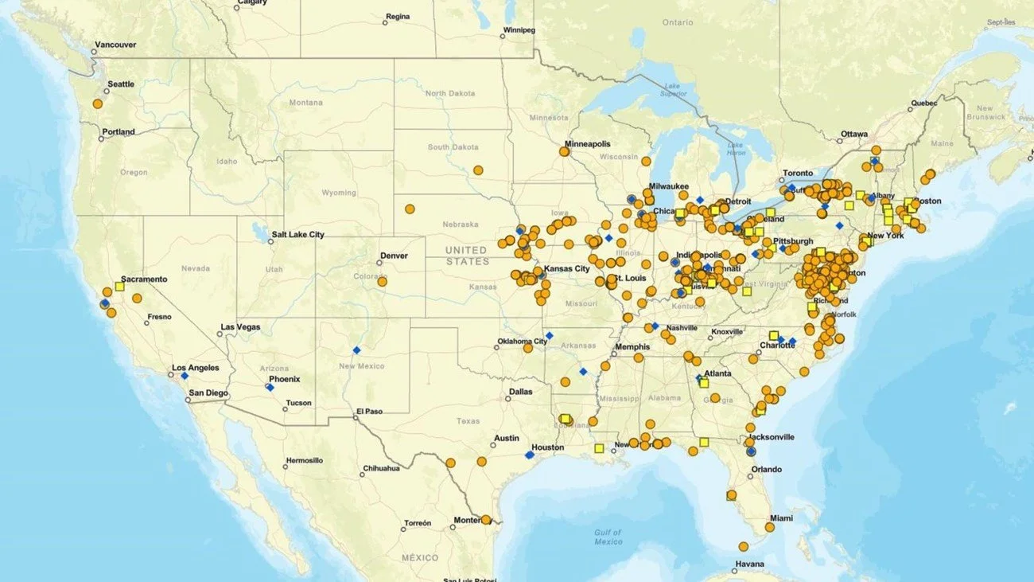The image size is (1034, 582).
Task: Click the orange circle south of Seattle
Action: pyautogui.click(x=98, y=104)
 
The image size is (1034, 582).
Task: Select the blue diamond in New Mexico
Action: pyautogui.click(x=356, y=350)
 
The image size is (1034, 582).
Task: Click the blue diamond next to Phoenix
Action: pyautogui.click(x=269, y=387)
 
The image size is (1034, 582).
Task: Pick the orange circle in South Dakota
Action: pyautogui.click(x=478, y=170)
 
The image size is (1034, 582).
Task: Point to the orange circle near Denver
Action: pyautogui.click(x=382, y=281)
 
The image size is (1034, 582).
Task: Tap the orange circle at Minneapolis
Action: pyautogui.click(x=564, y=151)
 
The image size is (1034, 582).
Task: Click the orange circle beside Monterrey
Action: pyautogui.click(x=485, y=520)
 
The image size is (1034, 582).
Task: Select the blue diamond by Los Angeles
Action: pyautogui.click(x=185, y=376)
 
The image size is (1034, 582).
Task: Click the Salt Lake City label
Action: pyautogui.click(x=297, y=235)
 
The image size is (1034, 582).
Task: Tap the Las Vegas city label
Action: pyautogui.click(x=240, y=327)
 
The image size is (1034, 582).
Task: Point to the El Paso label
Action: pyautogui.click(x=368, y=412)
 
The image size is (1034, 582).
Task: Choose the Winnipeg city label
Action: pyautogui.click(x=519, y=31)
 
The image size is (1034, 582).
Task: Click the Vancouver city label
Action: pyautogui.click(x=115, y=45)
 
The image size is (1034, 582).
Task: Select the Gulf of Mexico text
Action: pyautogui.click(x=608, y=537)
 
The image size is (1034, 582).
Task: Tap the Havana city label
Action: pyautogui.click(x=750, y=564)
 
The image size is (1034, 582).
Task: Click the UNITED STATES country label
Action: pyautogui.click(x=467, y=256)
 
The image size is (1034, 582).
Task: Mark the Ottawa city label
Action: pyautogui.click(x=854, y=134)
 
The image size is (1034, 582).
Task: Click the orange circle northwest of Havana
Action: pyautogui.click(x=743, y=547)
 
